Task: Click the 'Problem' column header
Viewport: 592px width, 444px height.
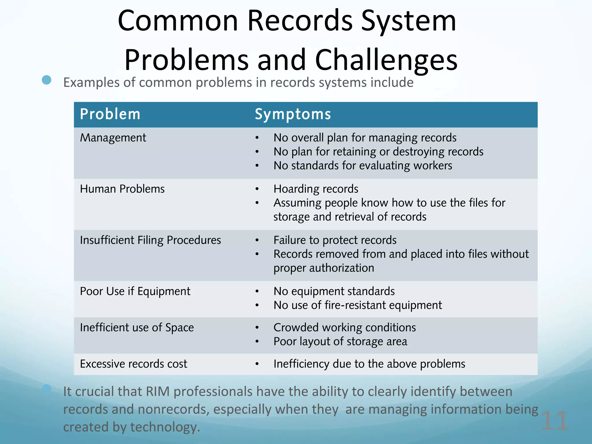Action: tap(110, 114)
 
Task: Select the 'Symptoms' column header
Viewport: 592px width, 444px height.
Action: tap(293, 114)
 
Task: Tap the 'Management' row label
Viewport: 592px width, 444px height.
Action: tap(113, 138)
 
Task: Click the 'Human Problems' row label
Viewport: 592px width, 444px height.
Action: tap(122, 189)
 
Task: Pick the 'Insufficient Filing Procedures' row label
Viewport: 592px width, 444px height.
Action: tap(150, 240)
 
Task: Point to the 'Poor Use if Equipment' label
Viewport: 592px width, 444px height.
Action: tap(135, 291)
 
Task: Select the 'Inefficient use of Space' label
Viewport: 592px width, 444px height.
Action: tap(137, 328)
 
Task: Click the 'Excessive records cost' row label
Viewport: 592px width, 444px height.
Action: tap(134, 364)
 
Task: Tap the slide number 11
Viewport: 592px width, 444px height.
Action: tap(554, 421)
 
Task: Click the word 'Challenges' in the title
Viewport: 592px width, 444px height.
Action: tap(386, 60)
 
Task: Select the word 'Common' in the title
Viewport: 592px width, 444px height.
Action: tap(178, 21)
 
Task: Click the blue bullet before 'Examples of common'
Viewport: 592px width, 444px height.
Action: tap(47, 80)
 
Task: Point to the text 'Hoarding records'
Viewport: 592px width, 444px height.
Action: tap(316, 189)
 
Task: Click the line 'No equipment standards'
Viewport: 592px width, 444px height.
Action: tap(334, 291)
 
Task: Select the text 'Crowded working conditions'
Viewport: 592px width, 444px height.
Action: tap(345, 328)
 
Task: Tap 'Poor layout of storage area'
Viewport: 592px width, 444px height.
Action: tap(340, 341)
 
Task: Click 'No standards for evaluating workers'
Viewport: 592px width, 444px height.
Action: tap(363, 166)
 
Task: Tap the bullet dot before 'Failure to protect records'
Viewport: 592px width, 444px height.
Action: tap(257, 240)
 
